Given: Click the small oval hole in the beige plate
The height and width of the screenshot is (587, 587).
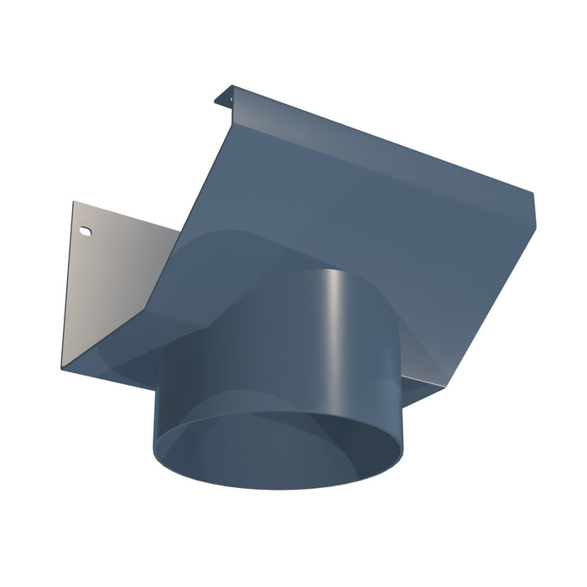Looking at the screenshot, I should click(x=84, y=229).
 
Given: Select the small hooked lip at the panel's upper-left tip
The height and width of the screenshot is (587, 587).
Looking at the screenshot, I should click(x=221, y=98).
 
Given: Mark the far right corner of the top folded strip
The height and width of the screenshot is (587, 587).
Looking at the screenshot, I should click(x=534, y=197).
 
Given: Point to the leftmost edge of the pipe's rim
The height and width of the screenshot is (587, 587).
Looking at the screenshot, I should click(x=154, y=436).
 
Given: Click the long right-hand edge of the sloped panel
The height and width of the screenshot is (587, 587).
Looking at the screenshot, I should click(x=495, y=293).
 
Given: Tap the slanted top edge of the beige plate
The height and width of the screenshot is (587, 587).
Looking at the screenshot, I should click(x=126, y=215).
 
